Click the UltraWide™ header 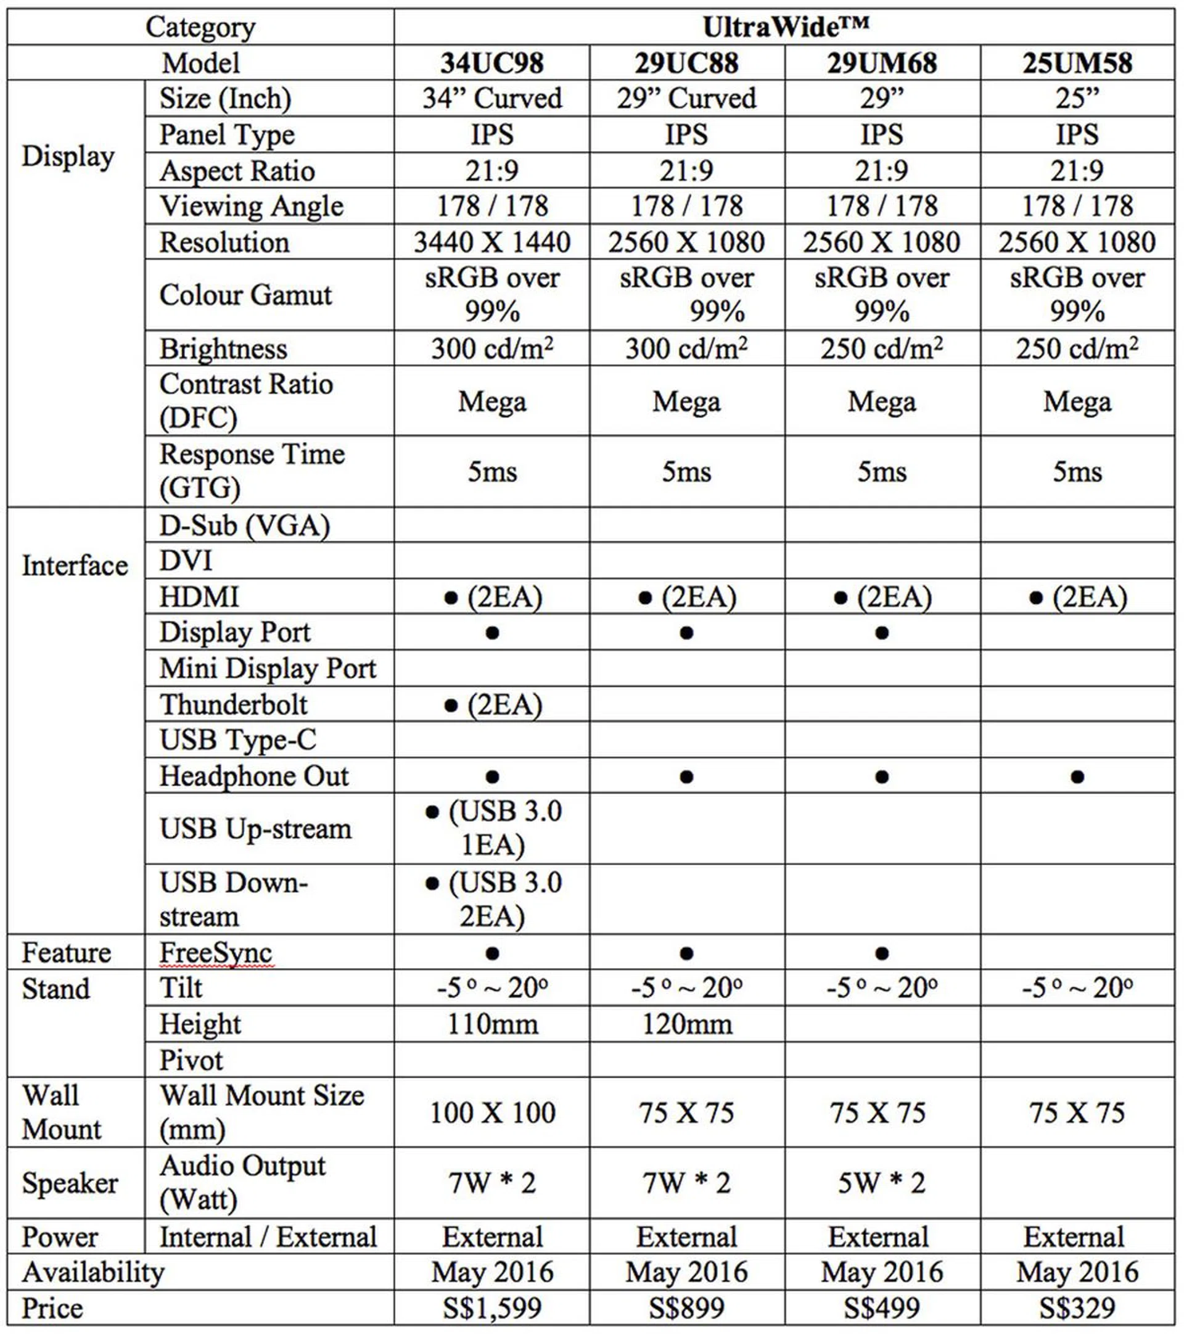[785, 27]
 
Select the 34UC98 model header [492, 64]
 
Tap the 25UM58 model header [1077, 64]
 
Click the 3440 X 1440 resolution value [492, 243]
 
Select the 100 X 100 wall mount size [492, 1113]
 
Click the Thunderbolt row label [234, 705]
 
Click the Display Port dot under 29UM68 [882, 633]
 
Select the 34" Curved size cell [492, 99]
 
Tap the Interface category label [75, 566]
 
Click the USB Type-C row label [237, 740]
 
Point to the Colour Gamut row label [245, 295]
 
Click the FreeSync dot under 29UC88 [686, 953]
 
